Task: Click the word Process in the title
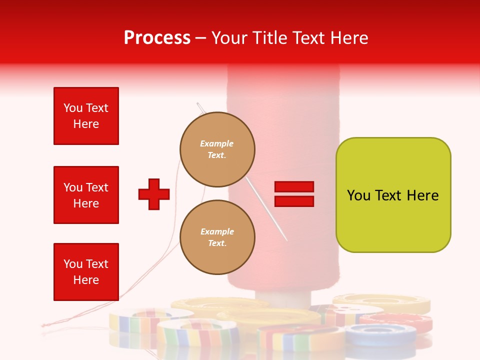[157, 38]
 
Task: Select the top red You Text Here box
[86, 116]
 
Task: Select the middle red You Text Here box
[86, 195]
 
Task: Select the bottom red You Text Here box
[86, 271]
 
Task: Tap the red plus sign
[154, 194]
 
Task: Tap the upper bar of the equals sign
[294, 187]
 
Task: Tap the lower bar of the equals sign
[294, 201]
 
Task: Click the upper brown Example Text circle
[217, 149]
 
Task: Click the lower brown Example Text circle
[217, 237]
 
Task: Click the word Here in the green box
[422, 195]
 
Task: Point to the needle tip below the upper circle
[286, 239]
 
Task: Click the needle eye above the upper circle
[199, 105]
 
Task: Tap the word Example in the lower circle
[217, 231]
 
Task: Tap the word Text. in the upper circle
[217, 155]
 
